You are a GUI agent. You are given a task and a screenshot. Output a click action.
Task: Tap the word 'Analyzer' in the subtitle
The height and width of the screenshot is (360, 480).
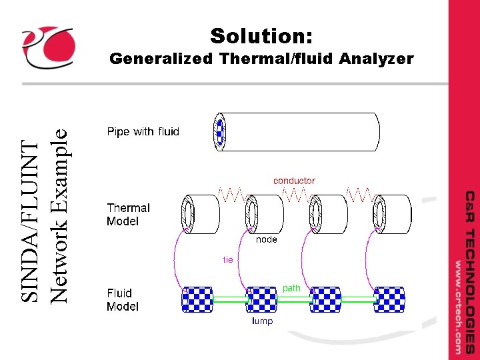pyautogui.click(x=376, y=59)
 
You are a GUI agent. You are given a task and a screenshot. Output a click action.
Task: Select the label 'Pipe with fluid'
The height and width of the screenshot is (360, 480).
pyautogui.click(x=143, y=131)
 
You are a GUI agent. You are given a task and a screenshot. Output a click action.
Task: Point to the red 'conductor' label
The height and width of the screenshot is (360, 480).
pyautogui.click(x=294, y=180)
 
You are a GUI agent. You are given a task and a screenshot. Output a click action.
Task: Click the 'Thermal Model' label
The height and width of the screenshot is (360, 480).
pyautogui.click(x=128, y=214)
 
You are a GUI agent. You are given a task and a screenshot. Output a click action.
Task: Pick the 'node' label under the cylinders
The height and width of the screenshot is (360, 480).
pyautogui.click(x=267, y=239)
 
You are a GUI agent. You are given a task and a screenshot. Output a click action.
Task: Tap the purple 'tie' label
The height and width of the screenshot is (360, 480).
pyautogui.click(x=228, y=259)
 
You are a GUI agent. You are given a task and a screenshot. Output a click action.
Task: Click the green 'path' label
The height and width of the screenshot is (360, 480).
pyautogui.click(x=291, y=288)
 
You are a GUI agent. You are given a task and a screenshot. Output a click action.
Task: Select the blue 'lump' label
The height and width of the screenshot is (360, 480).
pyautogui.click(x=262, y=321)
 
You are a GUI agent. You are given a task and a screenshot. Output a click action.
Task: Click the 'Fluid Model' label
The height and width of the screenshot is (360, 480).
pyautogui.click(x=123, y=299)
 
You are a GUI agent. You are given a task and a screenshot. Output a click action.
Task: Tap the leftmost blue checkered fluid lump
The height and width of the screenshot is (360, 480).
pyautogui.click(x=198, y=300)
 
